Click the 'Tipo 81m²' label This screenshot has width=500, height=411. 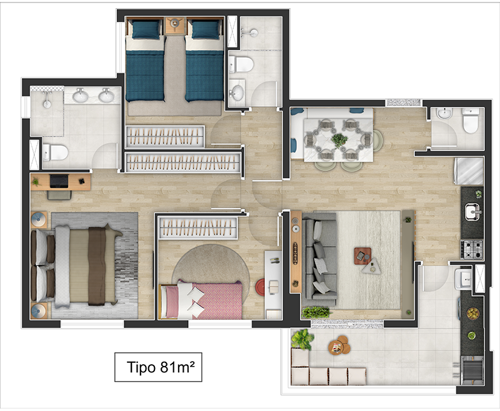tap(161, 367)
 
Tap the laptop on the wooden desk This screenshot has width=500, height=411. tap(59, 181)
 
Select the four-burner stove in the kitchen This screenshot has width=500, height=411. tap(472, 249)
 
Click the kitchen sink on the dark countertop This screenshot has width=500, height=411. tap(472, 212)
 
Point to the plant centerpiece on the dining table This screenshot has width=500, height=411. tap(339, 140)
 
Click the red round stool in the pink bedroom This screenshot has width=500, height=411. tap(260, 287)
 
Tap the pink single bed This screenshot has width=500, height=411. tap(201, 300)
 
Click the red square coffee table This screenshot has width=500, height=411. tap(362, 256)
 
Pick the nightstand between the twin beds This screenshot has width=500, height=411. tap(175, 26)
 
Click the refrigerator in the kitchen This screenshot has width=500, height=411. tap(469, 171)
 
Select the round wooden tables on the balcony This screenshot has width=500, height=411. tap(339, 345)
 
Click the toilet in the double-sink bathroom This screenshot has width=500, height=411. tap(55, 152)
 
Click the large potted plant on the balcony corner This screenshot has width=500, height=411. tap(302, 339)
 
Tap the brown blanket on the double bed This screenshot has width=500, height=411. tap(97, 265)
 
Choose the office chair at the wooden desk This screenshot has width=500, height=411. tap(59, 195)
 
